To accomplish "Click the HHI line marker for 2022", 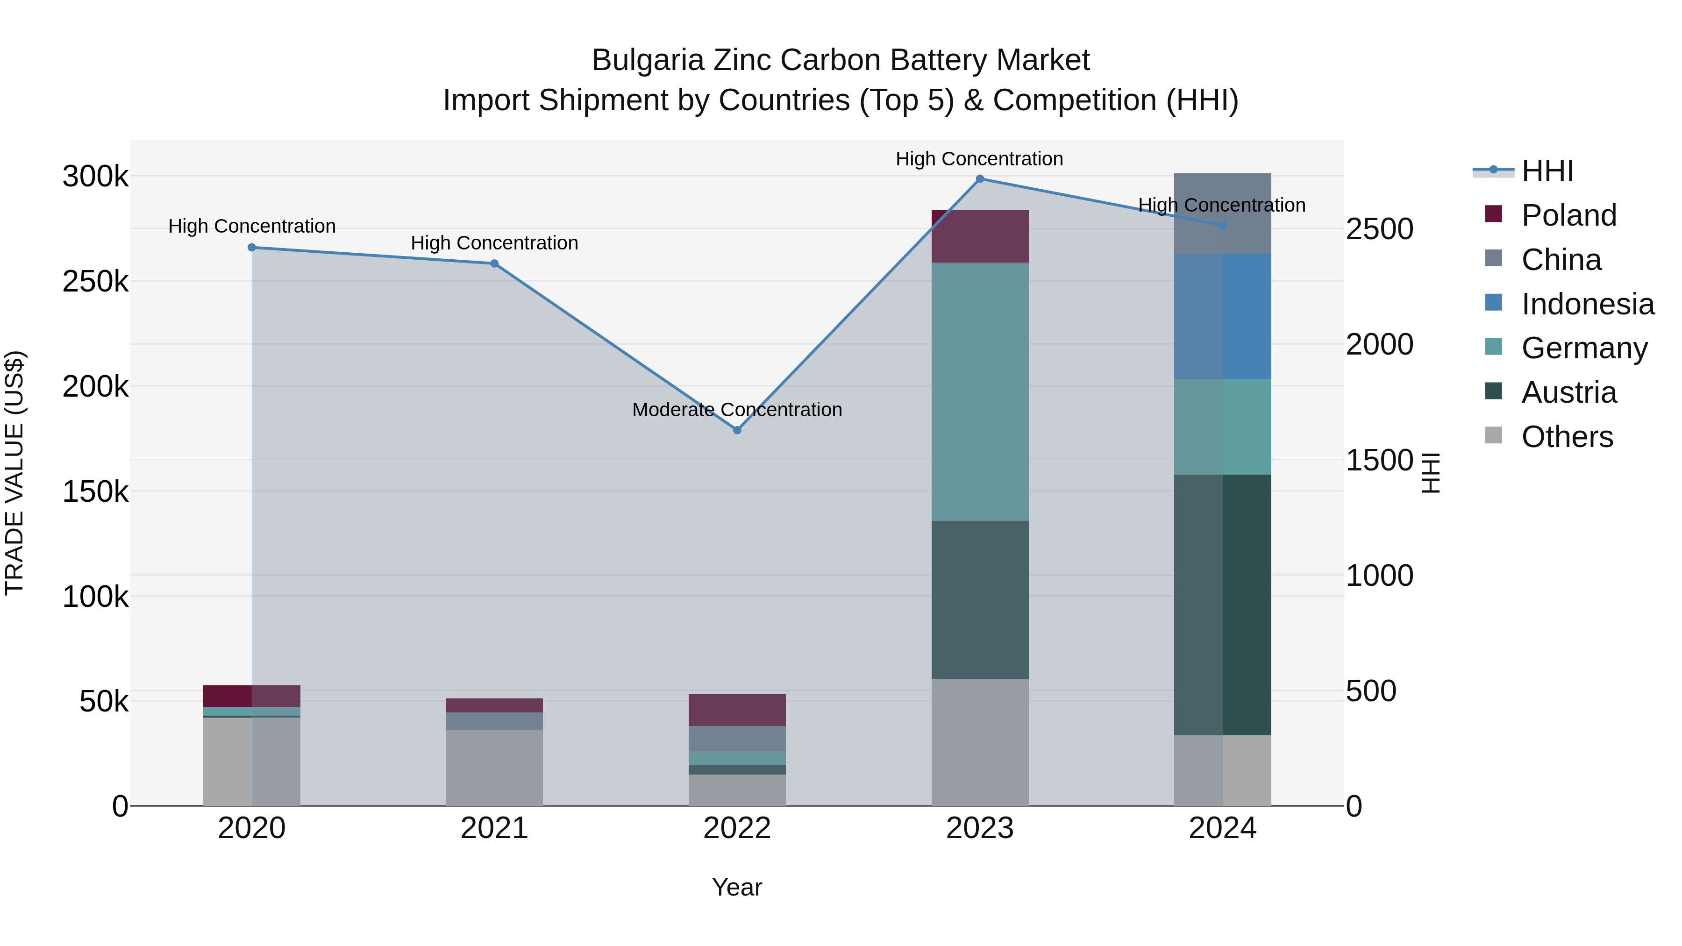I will (737, 430).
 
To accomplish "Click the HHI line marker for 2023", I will (979, 179).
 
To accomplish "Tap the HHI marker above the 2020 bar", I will (252, 248).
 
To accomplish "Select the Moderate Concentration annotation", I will (737, 410).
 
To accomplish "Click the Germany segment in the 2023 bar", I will (979, 392).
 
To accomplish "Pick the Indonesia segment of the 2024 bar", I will (1222, 317).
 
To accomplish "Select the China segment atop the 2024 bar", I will (1222, 213).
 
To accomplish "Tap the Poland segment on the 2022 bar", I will (737, 710).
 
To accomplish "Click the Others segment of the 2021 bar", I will (494, 767).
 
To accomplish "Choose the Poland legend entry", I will (1568, 215).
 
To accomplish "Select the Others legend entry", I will (1567, 437).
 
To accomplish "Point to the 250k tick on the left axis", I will (95, 282).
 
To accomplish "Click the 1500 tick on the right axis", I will (1379, 460).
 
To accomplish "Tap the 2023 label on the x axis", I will (979, 828).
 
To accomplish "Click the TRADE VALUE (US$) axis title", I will (14, 473).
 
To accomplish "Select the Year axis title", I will (737, 887).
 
